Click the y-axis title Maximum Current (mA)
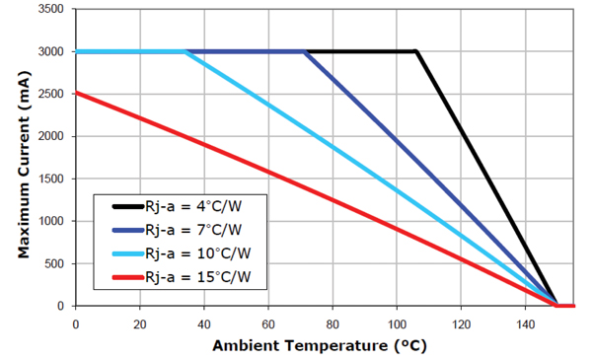pos(23,158)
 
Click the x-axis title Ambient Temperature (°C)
pos(320,345)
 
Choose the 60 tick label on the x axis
pos(268,322)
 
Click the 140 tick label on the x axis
pos(525,322)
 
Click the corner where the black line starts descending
pos(416,51)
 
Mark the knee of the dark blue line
pos(305,51)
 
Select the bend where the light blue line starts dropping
pos(185,51)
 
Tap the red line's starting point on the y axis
pos(76,93)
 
